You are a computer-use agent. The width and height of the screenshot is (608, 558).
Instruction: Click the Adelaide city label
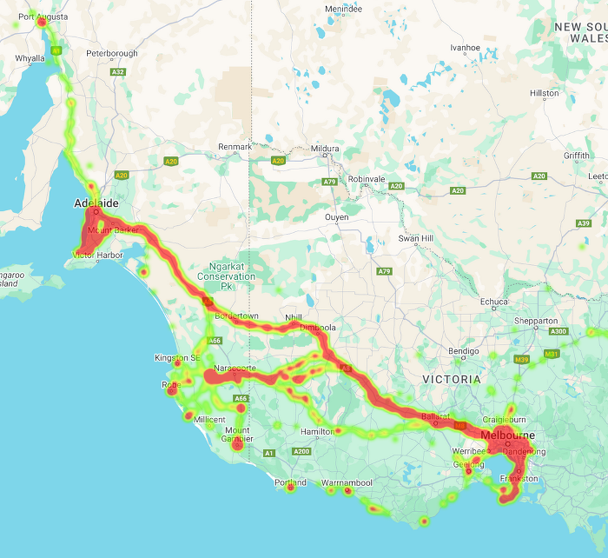click(96, 204)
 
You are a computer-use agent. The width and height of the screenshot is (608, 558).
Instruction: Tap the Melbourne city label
click(508, 436)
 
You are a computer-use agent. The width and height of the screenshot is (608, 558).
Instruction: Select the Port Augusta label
click(43, 17)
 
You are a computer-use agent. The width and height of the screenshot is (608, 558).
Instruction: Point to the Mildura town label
click(325, 148)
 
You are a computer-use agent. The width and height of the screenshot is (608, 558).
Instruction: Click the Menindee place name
click(344, 10)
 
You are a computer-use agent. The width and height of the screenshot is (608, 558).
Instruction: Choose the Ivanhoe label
click(465, 48)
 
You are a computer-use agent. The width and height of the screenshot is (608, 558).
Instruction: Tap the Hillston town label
click(544, 93)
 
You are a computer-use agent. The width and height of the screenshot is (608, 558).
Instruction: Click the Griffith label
click(577, 156)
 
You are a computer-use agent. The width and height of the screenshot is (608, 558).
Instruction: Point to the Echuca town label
click(494, 302)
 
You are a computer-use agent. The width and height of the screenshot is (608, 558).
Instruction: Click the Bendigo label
click(464, 351)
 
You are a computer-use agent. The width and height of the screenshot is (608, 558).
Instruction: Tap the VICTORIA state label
click(452, 379)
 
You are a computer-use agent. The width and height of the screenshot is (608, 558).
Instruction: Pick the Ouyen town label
click(337, 217)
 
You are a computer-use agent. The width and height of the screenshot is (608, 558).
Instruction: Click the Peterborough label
click(112, 53)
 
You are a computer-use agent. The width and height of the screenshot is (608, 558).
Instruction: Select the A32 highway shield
click(118, 72)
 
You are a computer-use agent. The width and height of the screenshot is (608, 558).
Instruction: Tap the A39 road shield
click(583, 223)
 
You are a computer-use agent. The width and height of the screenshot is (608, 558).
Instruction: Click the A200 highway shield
click(302, 452)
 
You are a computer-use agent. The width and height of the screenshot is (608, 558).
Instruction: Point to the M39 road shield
click(522, 360)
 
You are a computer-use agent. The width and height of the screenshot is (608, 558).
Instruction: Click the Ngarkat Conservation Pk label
click(226, 276)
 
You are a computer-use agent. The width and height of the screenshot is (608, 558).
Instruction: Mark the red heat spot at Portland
click(290, 488)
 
